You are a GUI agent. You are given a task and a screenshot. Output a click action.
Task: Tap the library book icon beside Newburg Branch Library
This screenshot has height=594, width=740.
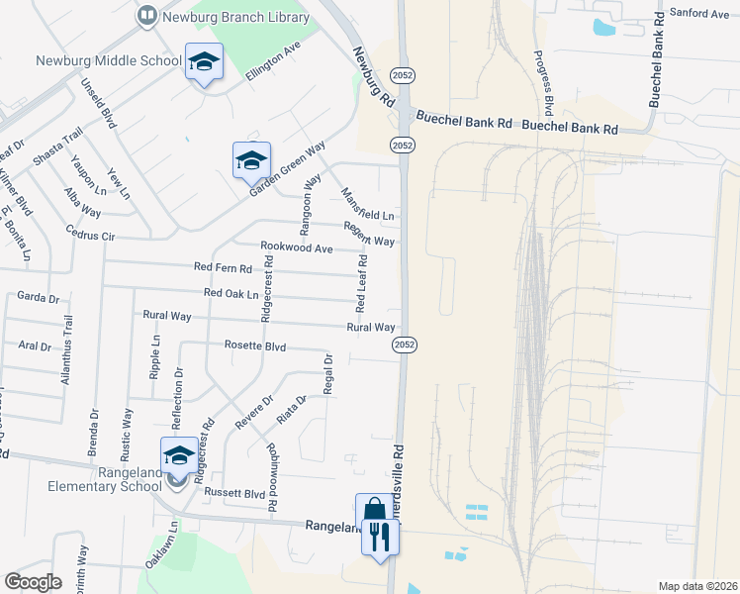(x=146, y=15)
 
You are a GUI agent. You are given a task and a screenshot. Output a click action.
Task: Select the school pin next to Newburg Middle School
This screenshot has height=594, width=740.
(x=204, y=62)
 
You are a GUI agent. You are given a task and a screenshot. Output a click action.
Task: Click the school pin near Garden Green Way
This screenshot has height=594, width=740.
(x=251, y=159)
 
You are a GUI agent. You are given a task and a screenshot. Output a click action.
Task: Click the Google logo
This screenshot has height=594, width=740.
(x=33, y=582)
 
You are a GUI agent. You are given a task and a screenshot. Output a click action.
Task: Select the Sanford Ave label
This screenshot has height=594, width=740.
(x=698, y=13)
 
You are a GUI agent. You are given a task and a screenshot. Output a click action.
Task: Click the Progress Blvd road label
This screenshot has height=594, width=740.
(x=544, y=80)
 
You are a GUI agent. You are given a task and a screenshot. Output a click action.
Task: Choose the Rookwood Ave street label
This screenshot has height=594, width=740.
(x=296, y=247)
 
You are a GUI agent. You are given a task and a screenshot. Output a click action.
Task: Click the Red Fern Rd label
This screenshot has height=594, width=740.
(x=223, y=267)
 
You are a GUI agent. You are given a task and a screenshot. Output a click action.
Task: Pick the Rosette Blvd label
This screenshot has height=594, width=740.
(x=255, y=346)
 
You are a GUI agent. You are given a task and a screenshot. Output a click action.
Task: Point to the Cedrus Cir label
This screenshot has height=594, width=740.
(x=90, y=237)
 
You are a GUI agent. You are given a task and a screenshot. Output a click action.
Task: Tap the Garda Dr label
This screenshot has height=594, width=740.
(x=40, y=296)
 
